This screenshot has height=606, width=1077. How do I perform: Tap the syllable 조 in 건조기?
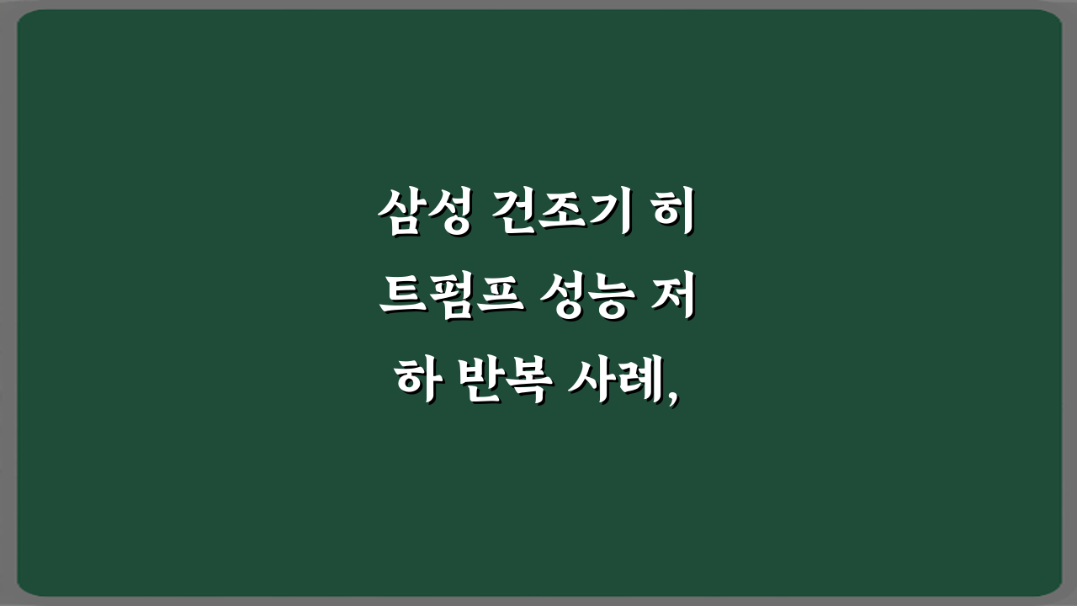pyautogui.click(x=561, y=216)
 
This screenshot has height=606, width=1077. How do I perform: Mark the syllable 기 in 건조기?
pyautogui.click(x=607, y=216)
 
